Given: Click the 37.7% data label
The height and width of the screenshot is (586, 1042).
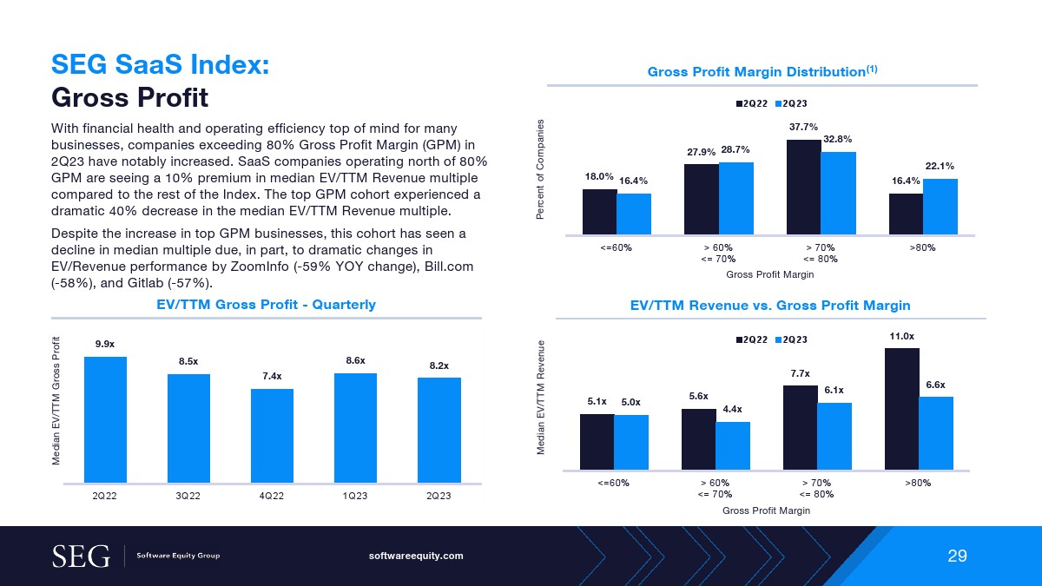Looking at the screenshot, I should (x=803, y=127).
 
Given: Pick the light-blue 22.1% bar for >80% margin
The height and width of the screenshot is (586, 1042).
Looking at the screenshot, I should (x=940, y=207).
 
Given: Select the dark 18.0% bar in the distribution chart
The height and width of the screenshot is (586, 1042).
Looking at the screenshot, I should (x=599, y=212).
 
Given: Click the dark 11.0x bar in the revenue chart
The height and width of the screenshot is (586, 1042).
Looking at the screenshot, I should (x=901, y=408).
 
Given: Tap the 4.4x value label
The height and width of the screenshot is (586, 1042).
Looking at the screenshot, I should (x=733, y=409).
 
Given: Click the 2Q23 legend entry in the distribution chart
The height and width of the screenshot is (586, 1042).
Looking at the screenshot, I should (x=792, y=103).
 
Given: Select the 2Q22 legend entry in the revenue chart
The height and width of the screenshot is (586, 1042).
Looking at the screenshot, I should (x=752, y=339).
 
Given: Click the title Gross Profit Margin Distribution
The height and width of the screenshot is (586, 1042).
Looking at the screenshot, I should (x=756, y=71).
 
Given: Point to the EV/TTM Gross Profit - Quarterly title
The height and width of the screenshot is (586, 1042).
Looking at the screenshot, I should (x=266, y=304).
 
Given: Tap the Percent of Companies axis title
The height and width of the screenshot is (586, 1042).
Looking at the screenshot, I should (x=540, y=169).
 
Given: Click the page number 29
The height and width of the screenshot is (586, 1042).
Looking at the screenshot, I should (x=957, y=556).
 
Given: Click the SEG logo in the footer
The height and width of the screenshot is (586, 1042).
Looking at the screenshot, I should (x=82, y=556).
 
